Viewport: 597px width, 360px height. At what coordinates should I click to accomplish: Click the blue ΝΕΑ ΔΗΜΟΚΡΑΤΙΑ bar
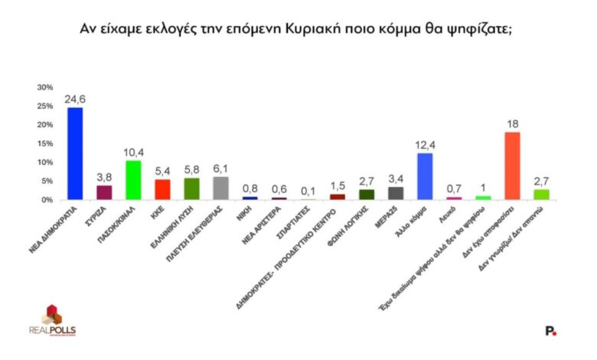[x=75, y=153]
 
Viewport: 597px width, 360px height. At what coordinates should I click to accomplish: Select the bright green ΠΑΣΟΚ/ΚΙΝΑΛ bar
[x=133, y=180]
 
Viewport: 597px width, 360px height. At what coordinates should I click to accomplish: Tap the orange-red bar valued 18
[x=513, y=165]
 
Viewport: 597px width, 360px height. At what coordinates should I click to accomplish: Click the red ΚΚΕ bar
[x=162, y=189]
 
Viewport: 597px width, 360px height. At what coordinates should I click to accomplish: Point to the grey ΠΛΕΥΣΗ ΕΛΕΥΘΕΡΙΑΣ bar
[x=220, y=188]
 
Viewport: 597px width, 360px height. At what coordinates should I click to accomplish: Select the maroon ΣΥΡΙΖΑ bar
[x=104, y=192]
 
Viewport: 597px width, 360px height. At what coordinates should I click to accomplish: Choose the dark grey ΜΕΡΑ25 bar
[x=396, y=193]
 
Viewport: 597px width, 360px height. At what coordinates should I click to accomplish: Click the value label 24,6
[x=76, y=99]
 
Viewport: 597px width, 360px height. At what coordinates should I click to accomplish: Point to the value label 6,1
[x=220, y=169]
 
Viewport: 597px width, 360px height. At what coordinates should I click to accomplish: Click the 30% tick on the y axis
[x=47, y=87]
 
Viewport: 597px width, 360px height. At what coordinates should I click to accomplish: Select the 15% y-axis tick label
[x=47, y=143]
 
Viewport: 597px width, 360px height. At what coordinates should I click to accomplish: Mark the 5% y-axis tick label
[x=49, y=181]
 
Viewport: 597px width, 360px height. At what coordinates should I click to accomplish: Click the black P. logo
[x=550, y=331]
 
